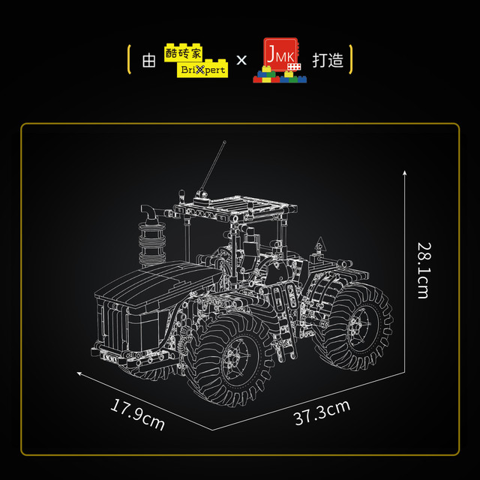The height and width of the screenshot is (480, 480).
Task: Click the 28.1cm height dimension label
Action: tap(425, 271)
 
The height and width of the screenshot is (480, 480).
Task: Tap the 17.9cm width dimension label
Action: tap(137, 415)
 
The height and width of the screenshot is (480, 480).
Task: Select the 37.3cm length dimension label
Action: tap(322, 412)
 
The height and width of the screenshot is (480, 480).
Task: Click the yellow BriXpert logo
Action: tap(196, 60)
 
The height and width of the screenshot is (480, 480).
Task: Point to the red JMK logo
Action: tap(280, 60)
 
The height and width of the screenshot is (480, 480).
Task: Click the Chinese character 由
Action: tap(149, 60)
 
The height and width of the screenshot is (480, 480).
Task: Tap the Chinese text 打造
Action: tap(328, 60)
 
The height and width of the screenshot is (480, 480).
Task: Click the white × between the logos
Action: tap(241, 60)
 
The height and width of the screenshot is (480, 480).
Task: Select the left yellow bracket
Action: tap(129, 59)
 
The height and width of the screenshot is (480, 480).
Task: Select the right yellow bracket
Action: tap(351, 59)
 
